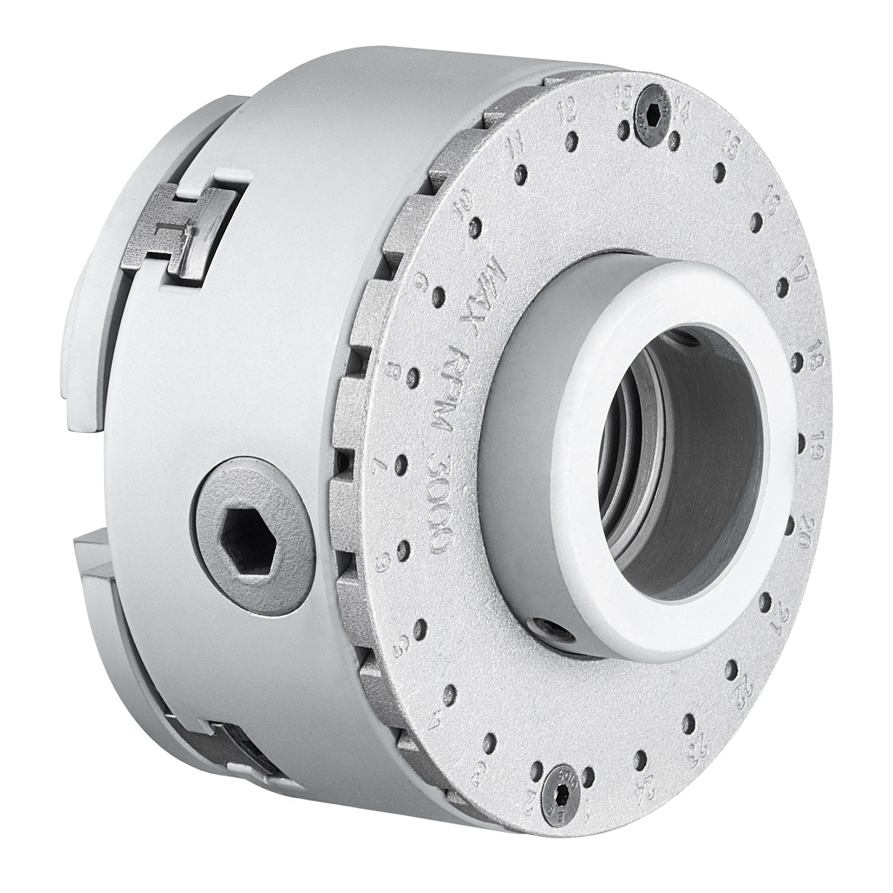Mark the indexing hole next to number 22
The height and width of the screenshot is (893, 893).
732,669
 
